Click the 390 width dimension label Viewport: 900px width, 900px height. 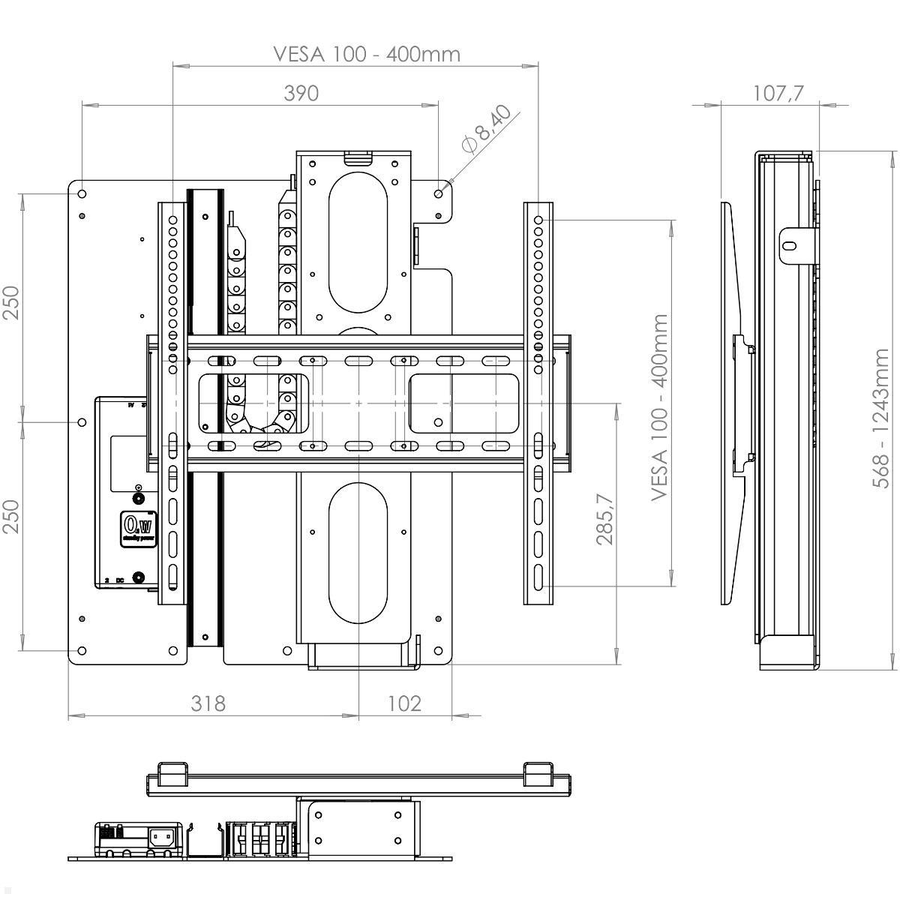(x=301, y=93)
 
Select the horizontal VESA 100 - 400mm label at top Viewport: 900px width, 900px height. (x=366, y=54)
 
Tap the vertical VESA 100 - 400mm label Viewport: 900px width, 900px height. (x=659, y=407)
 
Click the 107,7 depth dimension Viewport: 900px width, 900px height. (x=777, y=93)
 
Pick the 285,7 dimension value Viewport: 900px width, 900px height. (x=605, y=518)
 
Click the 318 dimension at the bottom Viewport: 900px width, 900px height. (x=208, y=703)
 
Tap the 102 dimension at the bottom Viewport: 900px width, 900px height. (x=404, y=703)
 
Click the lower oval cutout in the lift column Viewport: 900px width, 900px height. (x=358, y=553)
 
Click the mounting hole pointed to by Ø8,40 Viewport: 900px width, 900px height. (x=439, y=193)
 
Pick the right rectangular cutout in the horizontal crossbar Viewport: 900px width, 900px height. (x=463, y=403)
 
